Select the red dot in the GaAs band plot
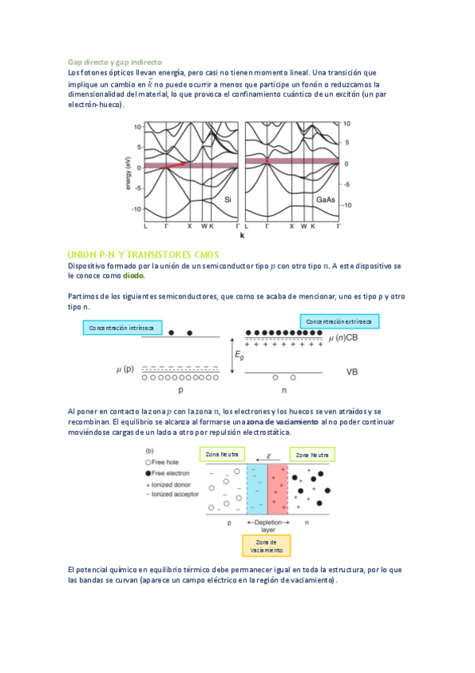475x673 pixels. pos(267,161)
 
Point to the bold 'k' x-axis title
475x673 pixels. pos(242,236)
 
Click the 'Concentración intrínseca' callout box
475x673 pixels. pos(123,328)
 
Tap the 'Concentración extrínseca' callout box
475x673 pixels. pos(339,321)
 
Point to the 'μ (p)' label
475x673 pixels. pos(126,370)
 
